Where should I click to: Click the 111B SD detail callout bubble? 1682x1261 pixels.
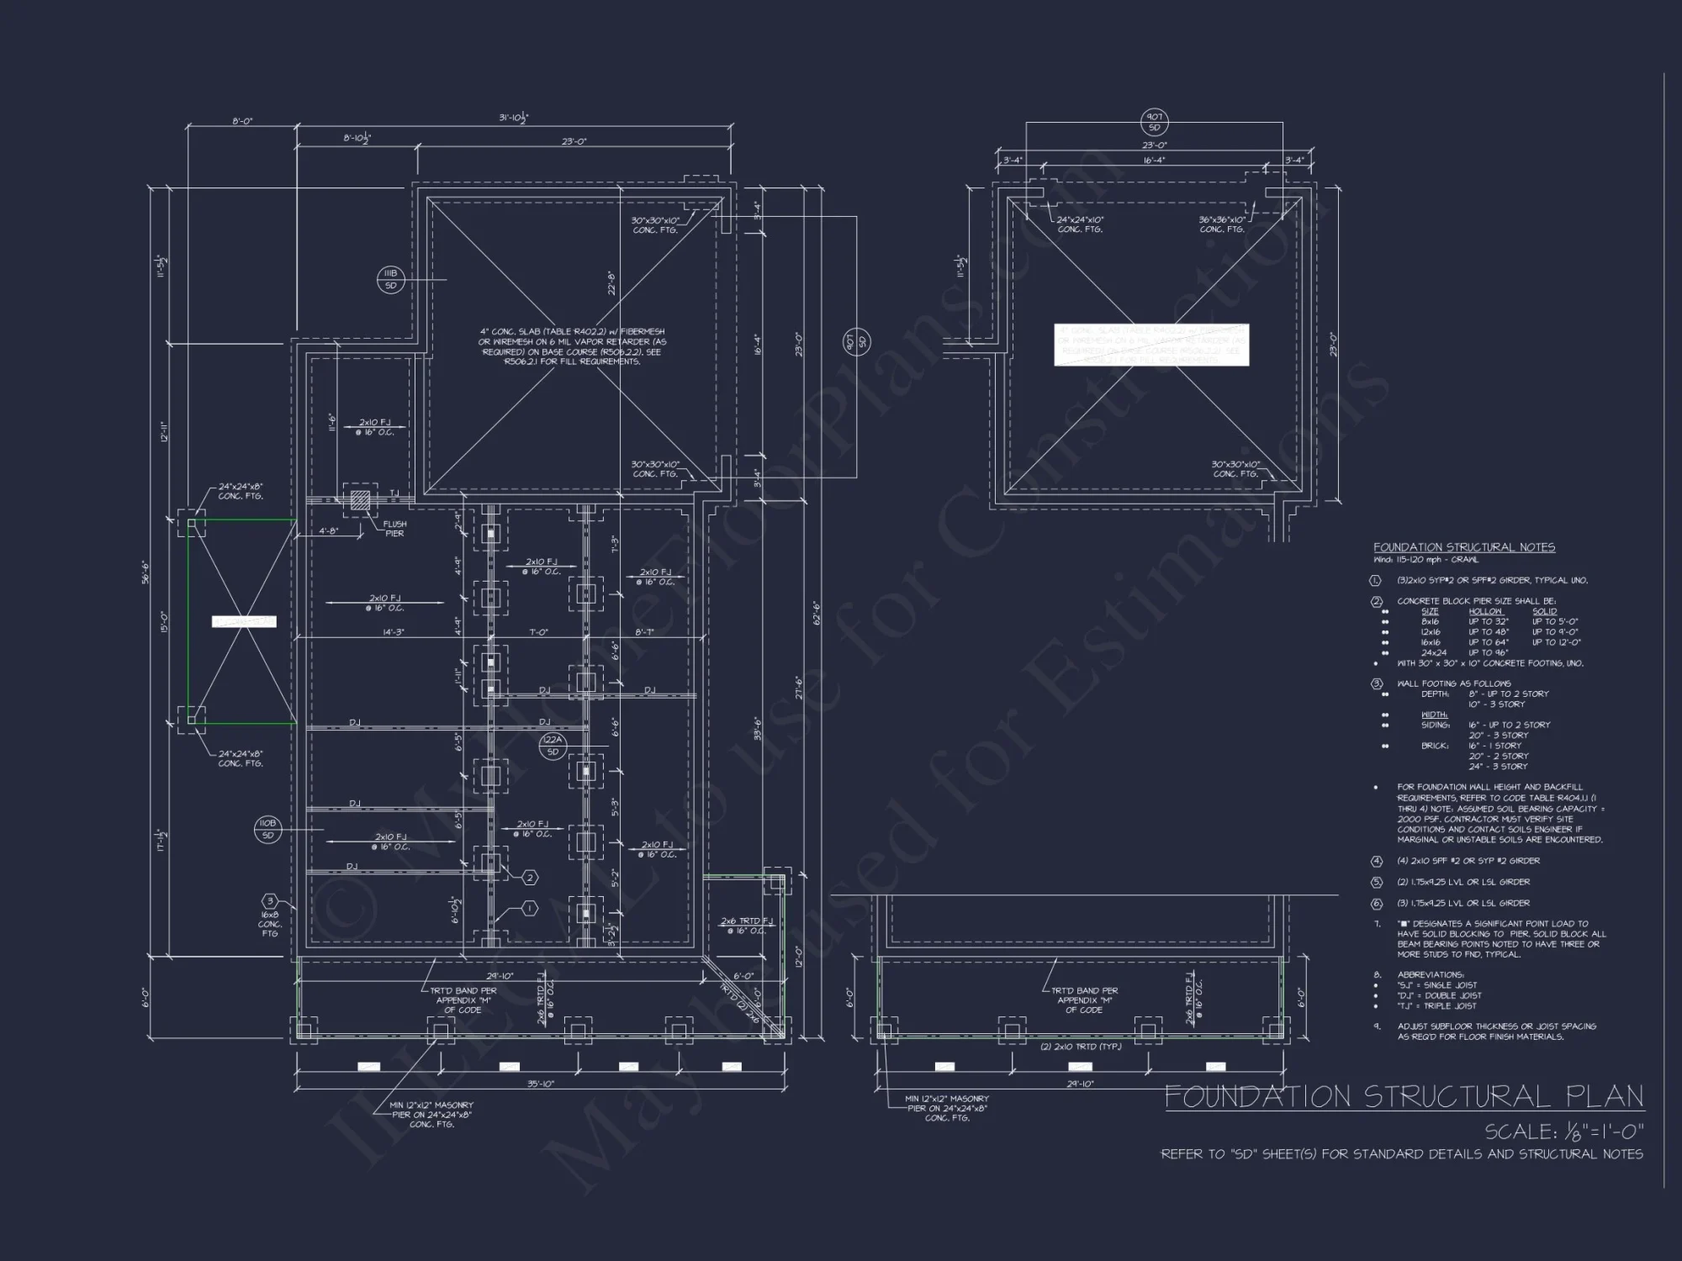[390, 280]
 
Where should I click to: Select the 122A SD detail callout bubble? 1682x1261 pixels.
[553, 745]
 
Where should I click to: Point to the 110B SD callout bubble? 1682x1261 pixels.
[267, 829]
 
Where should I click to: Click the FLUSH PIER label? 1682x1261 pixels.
[394, 529]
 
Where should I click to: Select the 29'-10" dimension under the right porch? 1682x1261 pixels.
[1080, 1084]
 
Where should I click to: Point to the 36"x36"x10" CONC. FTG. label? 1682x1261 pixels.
[1222, 224]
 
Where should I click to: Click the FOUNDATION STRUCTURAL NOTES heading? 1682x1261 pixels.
[1464, 547]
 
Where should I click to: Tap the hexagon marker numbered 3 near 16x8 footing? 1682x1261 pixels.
[270, 902]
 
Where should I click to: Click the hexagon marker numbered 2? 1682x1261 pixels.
[530, 878]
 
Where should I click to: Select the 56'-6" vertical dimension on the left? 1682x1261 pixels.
[145, 572]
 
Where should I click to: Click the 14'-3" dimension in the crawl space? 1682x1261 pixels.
[394, 631]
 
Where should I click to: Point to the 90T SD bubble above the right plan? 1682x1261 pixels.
[1154, 123]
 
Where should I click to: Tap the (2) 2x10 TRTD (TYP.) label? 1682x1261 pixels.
[1080, 1047]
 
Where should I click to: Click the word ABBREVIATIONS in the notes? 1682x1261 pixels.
[1431, 975]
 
